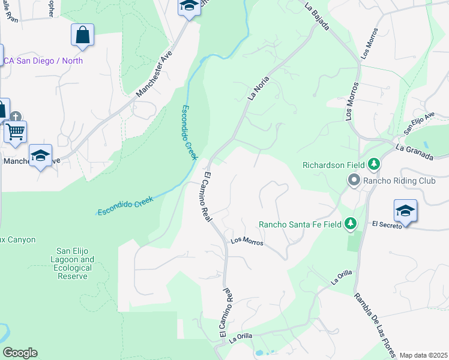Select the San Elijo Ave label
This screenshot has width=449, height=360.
[419, 123]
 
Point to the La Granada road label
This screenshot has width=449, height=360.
[415, 151]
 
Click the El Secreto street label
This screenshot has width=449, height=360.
[387, 225]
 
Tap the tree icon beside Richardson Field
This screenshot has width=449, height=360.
[374, 164]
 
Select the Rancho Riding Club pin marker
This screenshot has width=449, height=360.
[354, 179]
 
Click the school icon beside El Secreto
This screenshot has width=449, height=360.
[405, 211]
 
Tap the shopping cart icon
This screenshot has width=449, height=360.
[15, 130]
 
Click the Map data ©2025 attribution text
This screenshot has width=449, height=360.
[423, 355]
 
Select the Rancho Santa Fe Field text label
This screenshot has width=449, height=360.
[300, 224]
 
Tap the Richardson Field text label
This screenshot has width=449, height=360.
[333, 164]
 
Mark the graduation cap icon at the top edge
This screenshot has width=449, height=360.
[188, 7]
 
